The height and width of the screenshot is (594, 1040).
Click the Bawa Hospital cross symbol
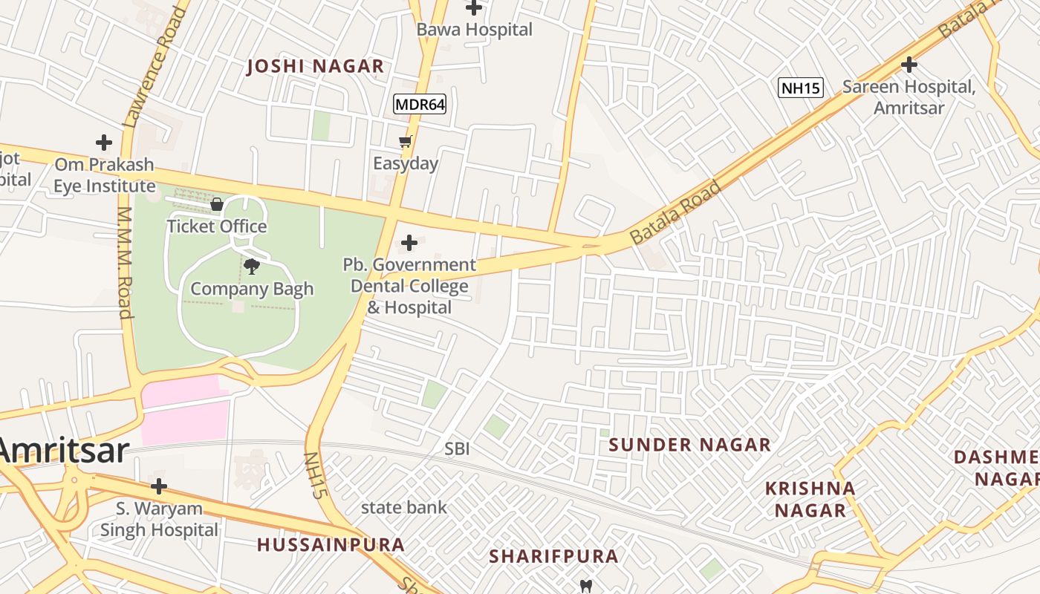tap(474, 8)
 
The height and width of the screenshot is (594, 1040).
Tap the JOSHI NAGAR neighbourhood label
tap(315, 67)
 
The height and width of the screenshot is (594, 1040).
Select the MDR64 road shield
tap(420, 105)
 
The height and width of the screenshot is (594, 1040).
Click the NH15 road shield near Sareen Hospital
tap(801, 88)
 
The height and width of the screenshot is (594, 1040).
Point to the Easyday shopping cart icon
tap(405, 141)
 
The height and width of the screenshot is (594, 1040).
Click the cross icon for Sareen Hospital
tap(909, 65)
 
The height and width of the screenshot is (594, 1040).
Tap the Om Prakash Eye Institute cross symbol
tap(104, 142)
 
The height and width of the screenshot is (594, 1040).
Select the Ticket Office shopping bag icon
tap(217, 204)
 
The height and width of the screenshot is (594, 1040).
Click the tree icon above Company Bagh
tap(252, 267)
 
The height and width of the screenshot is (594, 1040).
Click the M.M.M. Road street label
tap(125, 263)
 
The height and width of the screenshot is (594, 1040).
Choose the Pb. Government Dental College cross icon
tap(409, 243)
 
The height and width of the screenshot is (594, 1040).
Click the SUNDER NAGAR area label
tap(690, 446)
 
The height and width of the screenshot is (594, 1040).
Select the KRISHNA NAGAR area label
tap(810, 500)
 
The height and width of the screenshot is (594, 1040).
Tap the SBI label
tap(457, 449)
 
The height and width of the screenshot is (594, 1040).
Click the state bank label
tap(404, 508)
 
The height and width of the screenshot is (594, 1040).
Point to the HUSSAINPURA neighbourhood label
tap(331, 545)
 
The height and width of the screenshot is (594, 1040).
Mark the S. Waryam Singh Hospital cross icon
tap(158, 487)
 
